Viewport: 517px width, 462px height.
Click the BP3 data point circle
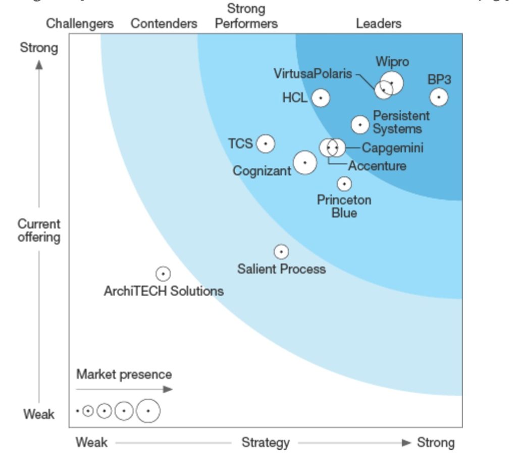[x=439, y=97]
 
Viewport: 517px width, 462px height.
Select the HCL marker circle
[x=321, y=98]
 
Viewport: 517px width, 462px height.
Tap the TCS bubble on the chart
[x=266, y=144]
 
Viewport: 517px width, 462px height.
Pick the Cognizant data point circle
[x=305, y=163]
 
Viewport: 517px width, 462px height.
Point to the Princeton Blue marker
[x=344, y=184]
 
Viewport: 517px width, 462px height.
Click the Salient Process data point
[x=281, y=252]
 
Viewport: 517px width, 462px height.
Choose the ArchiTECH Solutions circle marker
[x=163, y=274]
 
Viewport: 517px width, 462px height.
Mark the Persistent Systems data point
[x=360, y=124]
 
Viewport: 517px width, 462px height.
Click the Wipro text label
[x=392, y=62]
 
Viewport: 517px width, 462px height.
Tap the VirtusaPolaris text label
[x=313, y=74]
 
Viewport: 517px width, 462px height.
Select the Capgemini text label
[x=393, y=148]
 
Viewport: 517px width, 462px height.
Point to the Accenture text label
[x=377, y=165]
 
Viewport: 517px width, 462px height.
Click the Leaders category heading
[x=379, y=23]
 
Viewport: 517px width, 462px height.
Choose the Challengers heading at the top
[x=80, y=23]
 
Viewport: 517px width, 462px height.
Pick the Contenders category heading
[x=164, y=23]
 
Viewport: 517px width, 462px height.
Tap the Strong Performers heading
[x=246, y=16]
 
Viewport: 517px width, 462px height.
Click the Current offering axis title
[x=39, y=230]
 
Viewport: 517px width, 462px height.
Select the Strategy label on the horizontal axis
[x=266, y=443]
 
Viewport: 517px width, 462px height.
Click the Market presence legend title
[x=124, y=375]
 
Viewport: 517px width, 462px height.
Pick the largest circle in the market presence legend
[x=148, y=411]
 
